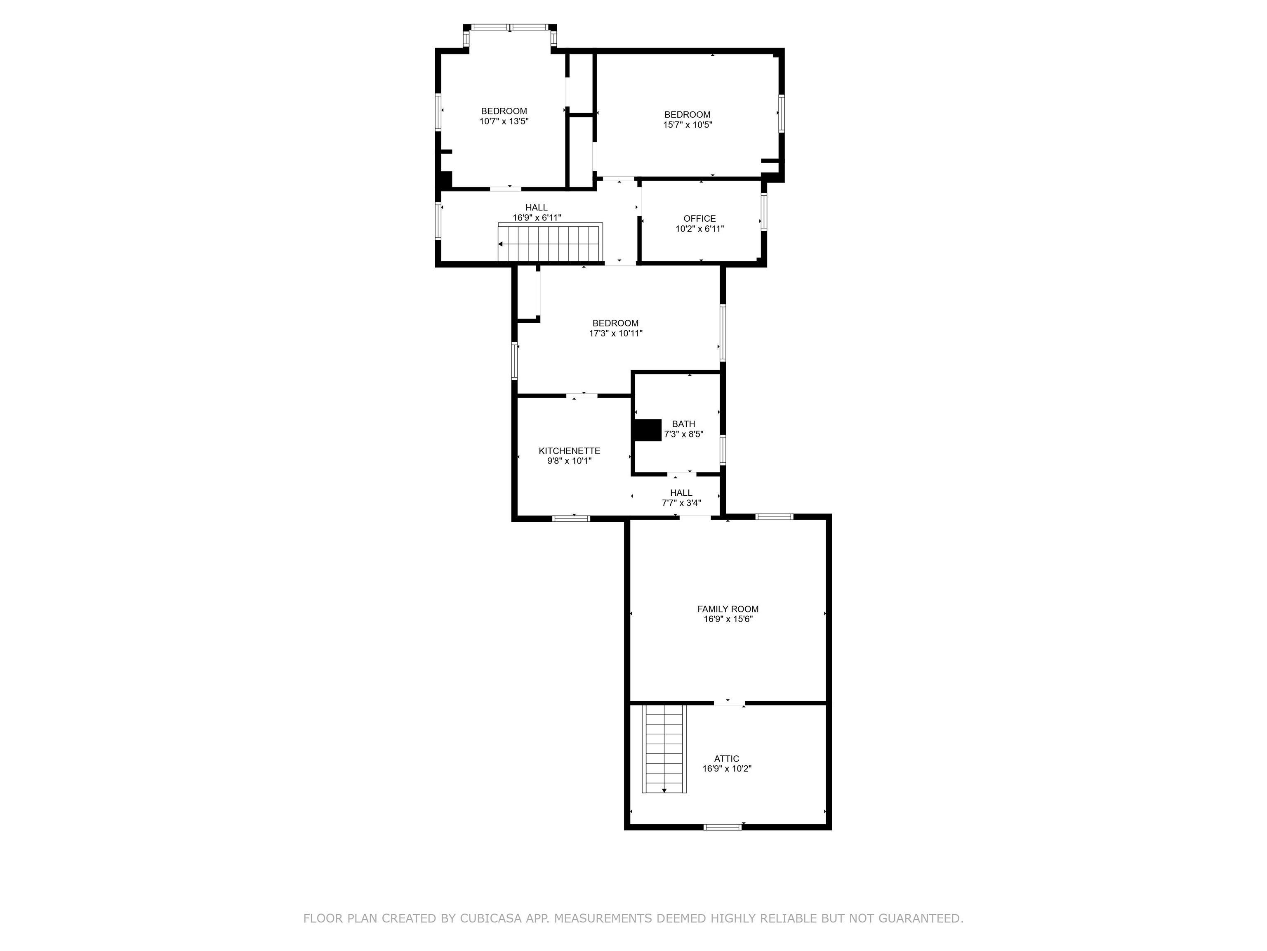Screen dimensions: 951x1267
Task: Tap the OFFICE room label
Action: [x=699, y=218]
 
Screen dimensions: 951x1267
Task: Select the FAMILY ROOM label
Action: [x=728, y=609]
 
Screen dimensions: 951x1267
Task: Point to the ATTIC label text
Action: [x=726, y=758]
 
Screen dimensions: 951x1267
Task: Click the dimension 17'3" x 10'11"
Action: [x=616, y=334]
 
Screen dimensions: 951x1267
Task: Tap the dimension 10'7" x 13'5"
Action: [x=504, y=121]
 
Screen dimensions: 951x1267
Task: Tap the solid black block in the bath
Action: [x=647, y=430]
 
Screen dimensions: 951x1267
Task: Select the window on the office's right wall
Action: [x=763, y=212]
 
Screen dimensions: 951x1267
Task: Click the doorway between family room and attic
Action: [x=729, y=702]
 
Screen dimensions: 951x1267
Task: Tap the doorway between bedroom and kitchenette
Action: [x=582, y=395]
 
